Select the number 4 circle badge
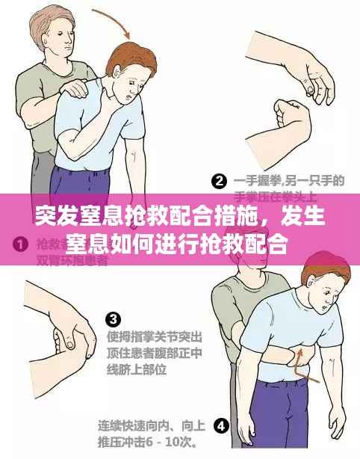tap(221, 426)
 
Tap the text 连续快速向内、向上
tap(152, 426)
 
